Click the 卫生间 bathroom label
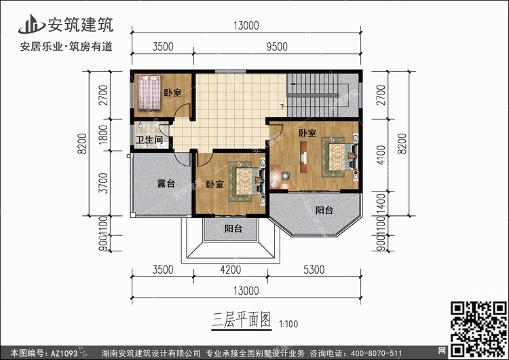(x=149, y=140)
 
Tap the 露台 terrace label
(x=166, y=183)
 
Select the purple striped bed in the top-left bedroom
(x=149, y=92)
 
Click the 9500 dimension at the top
(x=277, y=46)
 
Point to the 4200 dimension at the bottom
(x=231, y=270)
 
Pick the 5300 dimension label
(x=314, y=270)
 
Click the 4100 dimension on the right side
(x=381, y=155)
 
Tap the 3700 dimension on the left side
(x=103, y=183)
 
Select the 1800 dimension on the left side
(x=103, y=135)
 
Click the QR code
(x=478, y=330)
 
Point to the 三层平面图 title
(x=241, y=320)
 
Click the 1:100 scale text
(x=288, y=324)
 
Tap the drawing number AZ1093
(x=64, y=353)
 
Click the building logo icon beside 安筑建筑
(x=31, y=24)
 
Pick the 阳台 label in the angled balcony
(x=324, y=210)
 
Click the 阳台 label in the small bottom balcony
(x=233, y=229)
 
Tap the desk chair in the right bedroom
(x=285, y=176)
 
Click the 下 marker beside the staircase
(x=282, y=106)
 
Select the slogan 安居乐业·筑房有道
(x=67, y=46)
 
